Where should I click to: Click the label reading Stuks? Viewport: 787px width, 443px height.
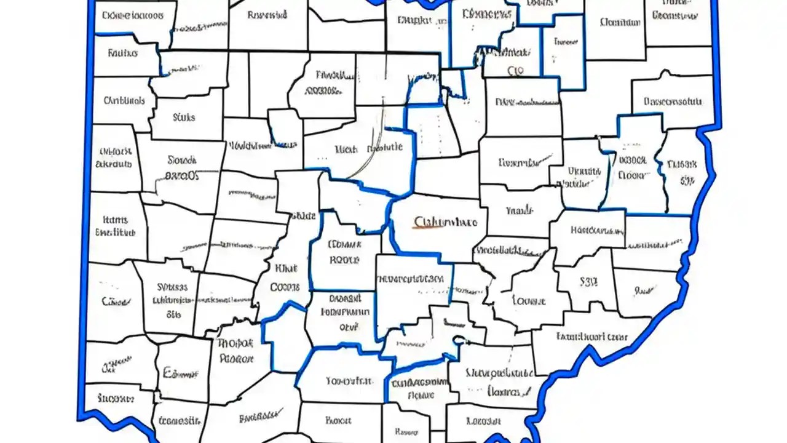tap(184, 116)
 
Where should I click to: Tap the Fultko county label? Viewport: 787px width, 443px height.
tap(122, 53)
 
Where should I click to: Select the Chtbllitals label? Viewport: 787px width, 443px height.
tap(124, 100)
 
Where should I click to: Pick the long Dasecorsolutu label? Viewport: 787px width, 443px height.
tap(673, 101)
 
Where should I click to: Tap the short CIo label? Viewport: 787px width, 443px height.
tap(515, 71)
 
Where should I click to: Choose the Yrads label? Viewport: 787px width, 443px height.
tap(519, 210)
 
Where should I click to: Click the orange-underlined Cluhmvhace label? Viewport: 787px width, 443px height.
tap(446, 222)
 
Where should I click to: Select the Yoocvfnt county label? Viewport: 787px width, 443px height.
tap(349, 381)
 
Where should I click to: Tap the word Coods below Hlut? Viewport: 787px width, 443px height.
tap(285, 287)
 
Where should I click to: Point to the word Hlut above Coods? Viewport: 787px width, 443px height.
tap(286, 268)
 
